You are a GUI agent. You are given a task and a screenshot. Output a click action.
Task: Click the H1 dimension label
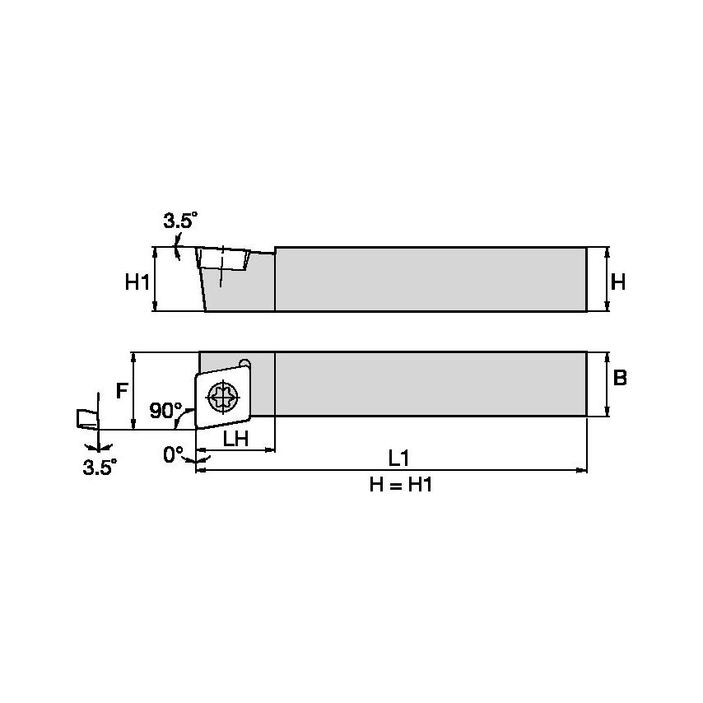pos(137,282)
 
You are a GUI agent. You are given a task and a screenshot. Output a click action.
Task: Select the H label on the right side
pos(619,282)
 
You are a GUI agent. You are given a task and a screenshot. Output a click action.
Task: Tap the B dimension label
pos(620,378)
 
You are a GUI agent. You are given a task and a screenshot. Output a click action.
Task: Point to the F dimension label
pos(121,390)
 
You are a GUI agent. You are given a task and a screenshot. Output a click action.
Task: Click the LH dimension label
pos(236,439)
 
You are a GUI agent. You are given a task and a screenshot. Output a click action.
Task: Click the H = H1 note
pos(400,486)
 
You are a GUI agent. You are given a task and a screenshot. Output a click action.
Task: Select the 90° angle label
pos(165,410)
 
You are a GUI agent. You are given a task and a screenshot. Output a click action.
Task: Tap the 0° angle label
pos(173,454)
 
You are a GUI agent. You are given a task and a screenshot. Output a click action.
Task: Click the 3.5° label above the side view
pos(180,221)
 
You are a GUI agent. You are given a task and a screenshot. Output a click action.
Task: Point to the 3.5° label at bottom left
pos(100,467)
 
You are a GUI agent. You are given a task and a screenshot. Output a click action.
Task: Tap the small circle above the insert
pos(244,364)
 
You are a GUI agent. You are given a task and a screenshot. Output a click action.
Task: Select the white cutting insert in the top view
pos(221,397)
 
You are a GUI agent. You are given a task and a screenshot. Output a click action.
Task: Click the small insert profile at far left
pos(86,418)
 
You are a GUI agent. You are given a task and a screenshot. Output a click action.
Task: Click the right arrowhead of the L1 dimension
pos(583,471)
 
